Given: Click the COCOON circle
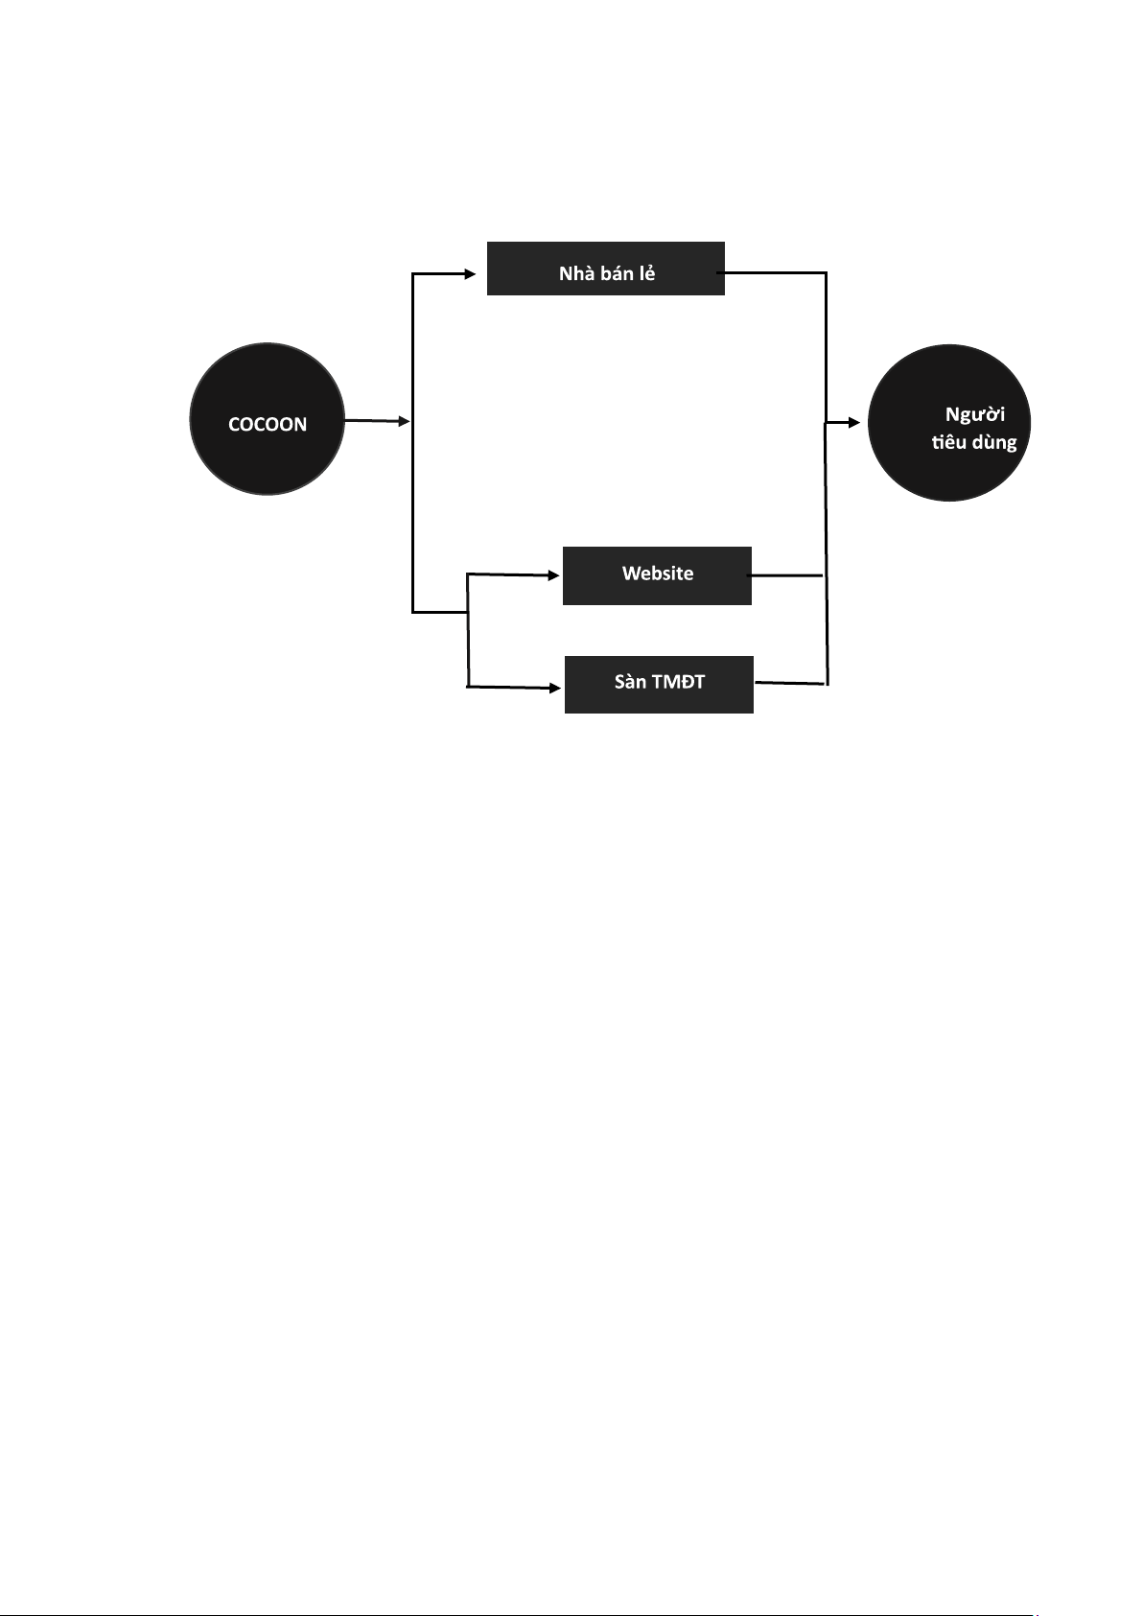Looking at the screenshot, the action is pos(267,419).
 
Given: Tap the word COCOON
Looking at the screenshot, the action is pos(268,424).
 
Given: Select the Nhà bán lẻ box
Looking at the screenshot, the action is pos(606,269).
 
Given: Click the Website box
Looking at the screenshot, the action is pos(657,575).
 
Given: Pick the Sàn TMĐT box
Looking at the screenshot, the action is pos(659,685).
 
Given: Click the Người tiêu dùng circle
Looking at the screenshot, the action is pos(949,423).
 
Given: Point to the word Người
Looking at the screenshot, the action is pos(975,415).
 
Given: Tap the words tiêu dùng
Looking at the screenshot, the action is pos(974,441).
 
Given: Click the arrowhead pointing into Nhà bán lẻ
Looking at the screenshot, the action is pos(470,274).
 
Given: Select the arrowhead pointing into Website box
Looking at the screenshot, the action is pos(554,575).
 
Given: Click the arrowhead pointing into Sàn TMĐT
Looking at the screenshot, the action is pos(555,689).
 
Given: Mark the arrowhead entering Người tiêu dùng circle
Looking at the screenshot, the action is pos(854,423).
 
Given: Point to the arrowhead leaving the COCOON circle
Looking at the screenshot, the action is pos(404,421).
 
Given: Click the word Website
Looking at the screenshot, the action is pos(658,573).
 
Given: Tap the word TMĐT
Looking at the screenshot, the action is pos(679,682).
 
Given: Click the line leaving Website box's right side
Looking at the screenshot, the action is pos(786,575).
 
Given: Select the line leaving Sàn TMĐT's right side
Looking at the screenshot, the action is pos(789,683).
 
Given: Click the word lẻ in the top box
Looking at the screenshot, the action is pos(647,272).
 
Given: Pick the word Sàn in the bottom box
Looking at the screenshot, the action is pos(630,682).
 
